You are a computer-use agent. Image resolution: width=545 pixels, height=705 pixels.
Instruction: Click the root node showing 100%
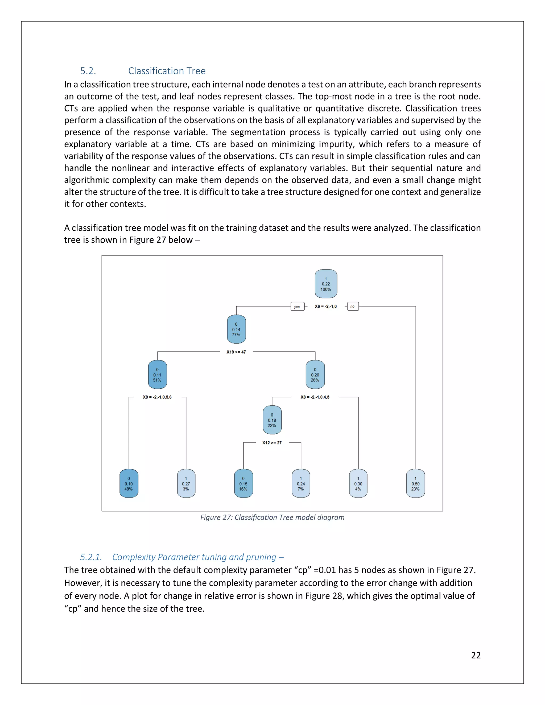326,284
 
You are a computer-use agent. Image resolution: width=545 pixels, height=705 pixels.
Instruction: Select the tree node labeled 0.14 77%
236,329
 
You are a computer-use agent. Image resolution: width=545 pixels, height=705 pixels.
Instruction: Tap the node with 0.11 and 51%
157,375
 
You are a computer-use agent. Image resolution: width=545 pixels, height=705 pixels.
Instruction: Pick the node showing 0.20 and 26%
315,375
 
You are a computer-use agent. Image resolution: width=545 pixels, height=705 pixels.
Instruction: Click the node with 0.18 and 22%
272,420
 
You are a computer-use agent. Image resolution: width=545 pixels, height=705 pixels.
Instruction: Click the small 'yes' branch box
297,307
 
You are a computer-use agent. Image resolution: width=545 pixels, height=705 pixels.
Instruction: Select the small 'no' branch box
353,306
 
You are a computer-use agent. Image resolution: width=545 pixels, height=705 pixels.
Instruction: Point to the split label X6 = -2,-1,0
325,306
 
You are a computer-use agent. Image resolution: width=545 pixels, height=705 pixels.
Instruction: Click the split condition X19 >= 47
236,352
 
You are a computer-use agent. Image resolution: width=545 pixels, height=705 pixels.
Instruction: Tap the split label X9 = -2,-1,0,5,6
157,397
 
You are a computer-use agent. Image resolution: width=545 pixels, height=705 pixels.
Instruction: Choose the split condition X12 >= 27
272,443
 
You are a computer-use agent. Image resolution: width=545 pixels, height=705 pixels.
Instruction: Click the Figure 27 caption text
272,517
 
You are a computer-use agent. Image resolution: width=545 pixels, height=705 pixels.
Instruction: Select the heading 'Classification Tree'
167,71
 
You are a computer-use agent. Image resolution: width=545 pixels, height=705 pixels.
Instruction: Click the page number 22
476,655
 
